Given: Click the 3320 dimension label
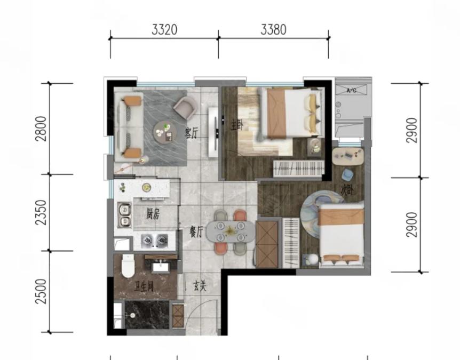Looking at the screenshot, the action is tap(164, 30).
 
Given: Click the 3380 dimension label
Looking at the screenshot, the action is tap(273, 30).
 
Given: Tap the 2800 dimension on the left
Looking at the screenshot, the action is tap(41, 129).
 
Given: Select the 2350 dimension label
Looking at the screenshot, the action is tap(41, 213).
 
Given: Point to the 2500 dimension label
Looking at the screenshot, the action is tap(41, 291).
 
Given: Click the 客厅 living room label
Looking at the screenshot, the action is tap(191, 133).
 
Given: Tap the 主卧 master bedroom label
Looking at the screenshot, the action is tap(237, 125).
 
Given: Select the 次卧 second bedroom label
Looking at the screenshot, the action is tap(347, 190).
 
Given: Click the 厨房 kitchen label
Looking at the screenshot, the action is tap(153, 214).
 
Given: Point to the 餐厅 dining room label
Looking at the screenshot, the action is tap(196, 233).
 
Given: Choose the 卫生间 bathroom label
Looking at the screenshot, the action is tap(144, 286).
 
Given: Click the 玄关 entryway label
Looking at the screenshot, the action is tap(200, 286).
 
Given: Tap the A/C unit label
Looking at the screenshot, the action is tap(351, 91).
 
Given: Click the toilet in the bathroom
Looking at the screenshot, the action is tap(128, 266).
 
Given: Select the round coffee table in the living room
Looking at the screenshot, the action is tap(164, 132).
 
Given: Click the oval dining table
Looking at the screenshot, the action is tap(231, 231).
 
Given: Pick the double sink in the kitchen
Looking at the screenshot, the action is tap(124, 215).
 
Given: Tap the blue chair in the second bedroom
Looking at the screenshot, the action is tap(348, 175).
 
